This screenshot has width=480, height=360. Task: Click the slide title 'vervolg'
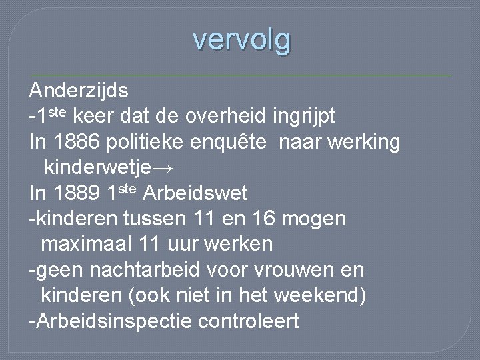(x=242, y=40)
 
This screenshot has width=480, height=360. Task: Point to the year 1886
(x=80, y=142)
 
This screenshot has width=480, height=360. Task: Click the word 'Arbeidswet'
(x=195, y=194)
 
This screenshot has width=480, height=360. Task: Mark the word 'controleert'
(x=249, y=321)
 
